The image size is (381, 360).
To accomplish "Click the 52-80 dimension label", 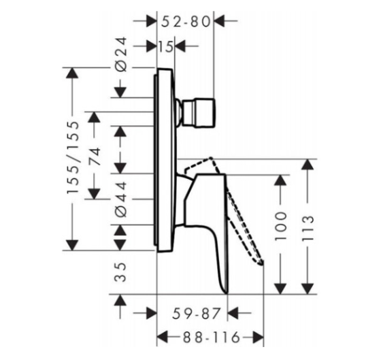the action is click(186, 22).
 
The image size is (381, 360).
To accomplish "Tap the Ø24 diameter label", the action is click(121, 54).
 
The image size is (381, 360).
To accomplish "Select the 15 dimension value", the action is click(166, 46).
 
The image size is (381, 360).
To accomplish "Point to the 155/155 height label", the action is click(73, 157).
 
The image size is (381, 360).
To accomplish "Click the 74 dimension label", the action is click(95, 157).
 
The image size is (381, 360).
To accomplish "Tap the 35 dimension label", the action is click(121, 272).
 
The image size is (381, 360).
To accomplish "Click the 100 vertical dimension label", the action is click(281, 227).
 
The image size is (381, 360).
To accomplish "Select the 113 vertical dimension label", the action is click(308, 228).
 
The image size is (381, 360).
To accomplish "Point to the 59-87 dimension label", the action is click(196, 314).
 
